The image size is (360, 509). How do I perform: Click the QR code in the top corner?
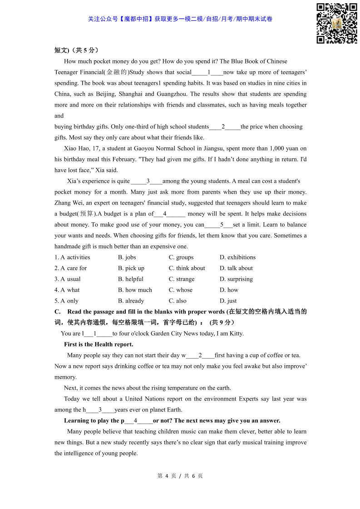tap(336, 23)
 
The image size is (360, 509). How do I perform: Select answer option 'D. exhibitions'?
tap(237, 257)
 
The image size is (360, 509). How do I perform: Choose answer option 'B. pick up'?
tap(131, 268)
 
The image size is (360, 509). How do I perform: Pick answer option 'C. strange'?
tap(182, 279)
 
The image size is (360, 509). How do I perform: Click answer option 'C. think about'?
tap(187, 268)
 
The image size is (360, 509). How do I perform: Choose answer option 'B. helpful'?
tap(131, 279)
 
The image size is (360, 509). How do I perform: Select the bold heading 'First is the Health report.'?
tap(99, 344)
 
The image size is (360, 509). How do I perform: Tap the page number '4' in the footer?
tap(167, 476)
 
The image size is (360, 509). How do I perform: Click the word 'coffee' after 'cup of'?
tap(277, 355)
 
